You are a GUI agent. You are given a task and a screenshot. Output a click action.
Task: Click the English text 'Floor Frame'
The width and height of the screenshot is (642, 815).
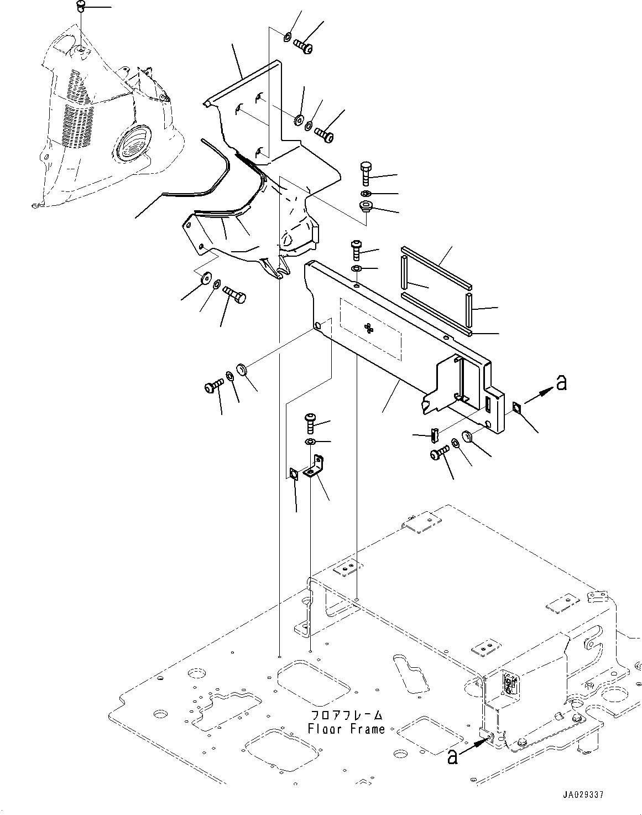(347, 729)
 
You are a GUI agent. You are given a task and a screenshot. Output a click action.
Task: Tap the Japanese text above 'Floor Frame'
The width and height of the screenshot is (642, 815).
(347, 715)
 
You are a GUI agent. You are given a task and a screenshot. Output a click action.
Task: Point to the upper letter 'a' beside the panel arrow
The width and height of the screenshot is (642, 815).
(561, 382)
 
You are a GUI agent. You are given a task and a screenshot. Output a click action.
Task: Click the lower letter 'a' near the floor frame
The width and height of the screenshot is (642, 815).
(452, 756)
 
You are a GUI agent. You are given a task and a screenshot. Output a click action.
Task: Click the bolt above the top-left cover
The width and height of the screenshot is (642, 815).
(80, 6)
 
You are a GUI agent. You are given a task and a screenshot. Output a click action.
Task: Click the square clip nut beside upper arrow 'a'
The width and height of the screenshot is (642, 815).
(516, 407)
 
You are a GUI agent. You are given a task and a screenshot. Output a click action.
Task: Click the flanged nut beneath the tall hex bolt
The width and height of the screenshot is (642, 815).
(366, 208)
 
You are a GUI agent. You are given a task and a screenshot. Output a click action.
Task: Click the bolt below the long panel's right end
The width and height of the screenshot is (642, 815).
(439, 454)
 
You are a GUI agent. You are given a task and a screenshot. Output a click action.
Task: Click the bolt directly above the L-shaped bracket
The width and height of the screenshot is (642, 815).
(310, 424)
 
